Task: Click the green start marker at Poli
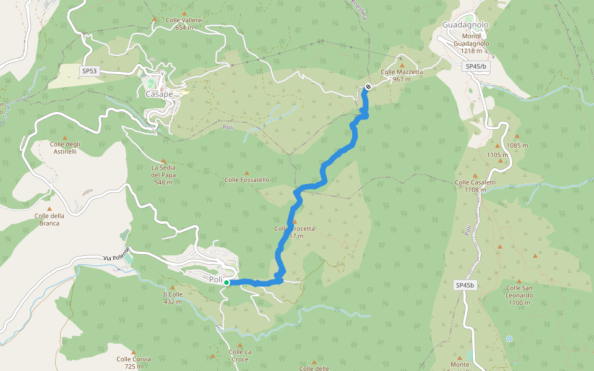tap(226, 283)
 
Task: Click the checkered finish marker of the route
tap(368, 87)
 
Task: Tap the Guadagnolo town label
tap(465, 25)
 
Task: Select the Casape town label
tap(159, 95)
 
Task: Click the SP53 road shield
tap(90, 71)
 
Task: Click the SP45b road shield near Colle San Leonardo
tap(465, 285)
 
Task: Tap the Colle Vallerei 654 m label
tap(184, 23)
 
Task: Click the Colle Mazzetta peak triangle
tap(402, 64)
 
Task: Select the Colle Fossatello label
tap(247, 180)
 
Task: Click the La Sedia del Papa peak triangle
tap(163, 160)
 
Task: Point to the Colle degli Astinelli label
tap(64, 148)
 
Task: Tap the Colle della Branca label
tap(49, 220)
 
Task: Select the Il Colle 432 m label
tap(172, 298)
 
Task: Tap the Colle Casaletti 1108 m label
tap(475, 185)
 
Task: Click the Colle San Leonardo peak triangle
tap(520, 281)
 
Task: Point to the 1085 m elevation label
tap(517, 145)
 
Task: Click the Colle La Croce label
tap(239, 356)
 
